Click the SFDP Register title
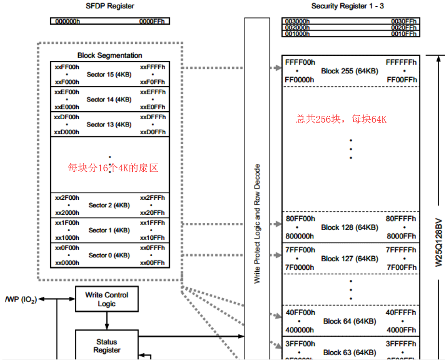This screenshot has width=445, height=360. point(110,6)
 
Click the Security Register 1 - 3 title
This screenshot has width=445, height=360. point(348,6)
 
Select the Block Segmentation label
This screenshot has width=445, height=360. point(110,55)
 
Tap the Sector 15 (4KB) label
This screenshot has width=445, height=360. point(109,74)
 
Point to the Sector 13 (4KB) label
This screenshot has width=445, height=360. point(109,125)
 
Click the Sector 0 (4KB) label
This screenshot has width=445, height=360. point(109,255)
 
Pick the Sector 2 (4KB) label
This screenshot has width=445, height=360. point(109,205)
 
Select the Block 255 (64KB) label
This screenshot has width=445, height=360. point(349,71)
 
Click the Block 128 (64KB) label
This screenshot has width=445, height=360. point(349,227)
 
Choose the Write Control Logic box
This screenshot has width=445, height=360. point(107,299)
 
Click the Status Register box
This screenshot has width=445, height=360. point(107,346)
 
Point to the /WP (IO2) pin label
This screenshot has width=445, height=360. point(20,299)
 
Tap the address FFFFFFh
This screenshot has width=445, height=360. point(401,62)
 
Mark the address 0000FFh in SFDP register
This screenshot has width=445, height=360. point(153,22)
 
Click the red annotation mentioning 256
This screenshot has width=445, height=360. point(341,119)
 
